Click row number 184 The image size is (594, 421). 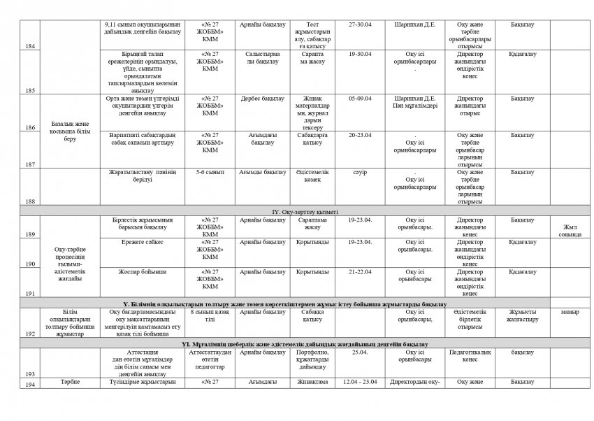click(x=30, y=46)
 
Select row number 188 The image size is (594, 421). click(x=30, y=201)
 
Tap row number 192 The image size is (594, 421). click(x=30, y=335)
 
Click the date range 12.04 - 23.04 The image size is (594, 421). click(x=361, y=382)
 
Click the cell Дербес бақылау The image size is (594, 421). click(x=262, y=99)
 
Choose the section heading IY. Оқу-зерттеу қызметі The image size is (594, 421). click(x=305, y=210)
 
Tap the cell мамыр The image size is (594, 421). click(x=570, y=312)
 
